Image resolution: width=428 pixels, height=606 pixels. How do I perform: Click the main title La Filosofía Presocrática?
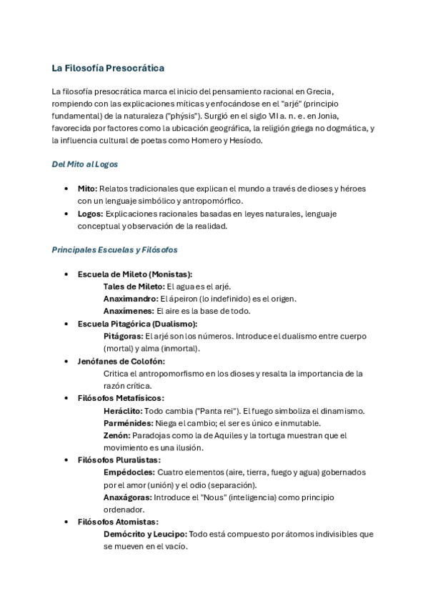coord(108,68)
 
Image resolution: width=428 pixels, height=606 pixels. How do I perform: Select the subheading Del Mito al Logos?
coord(84,164)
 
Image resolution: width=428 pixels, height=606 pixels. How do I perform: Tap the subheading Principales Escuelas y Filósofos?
coord(114,250)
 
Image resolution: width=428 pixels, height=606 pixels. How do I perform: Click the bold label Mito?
coord(87,189)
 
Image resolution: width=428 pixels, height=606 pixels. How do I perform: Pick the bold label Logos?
coord(90,214)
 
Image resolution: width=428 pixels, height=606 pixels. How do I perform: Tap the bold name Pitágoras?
coord(124,336)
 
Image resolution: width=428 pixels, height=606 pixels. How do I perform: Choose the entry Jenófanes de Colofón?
coord(117,361)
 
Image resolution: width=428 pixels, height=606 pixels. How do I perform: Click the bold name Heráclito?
coord(123,411)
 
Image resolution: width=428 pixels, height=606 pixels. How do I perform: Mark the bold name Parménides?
coord(126,423)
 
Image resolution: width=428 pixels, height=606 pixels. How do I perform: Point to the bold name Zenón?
coord(116,435)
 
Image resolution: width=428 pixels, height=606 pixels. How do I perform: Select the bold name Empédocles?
coord(129,472)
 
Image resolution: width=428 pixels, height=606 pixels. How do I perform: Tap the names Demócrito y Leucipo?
coord(146,535)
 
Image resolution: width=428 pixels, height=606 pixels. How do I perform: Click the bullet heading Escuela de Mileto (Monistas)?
coord(135,274)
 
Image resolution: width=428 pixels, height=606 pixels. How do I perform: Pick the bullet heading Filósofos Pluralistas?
coord(119,460)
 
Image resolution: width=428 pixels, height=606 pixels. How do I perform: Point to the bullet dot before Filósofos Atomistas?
coord(66,522)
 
